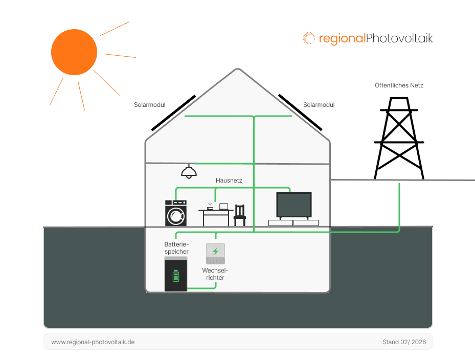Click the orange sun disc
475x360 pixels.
tap(74, 52)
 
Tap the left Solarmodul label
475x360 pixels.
tap(149, 105)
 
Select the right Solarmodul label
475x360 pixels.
tap(319, 105)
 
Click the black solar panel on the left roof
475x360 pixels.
tap(173, 112)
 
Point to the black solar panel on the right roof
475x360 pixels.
tap(300, 111)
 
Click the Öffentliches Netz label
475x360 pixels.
tap(399, 85)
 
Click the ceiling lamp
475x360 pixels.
tap(189, 172)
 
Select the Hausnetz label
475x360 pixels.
tap(229, 181)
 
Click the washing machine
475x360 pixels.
tap(176, 213)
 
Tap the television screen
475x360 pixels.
tap(293, 205)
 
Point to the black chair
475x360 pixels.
tap(239, 215)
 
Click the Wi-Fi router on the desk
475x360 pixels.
tap(210, 208)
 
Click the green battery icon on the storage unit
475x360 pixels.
tap(176, 276)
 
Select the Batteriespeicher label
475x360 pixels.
tap(176, 248)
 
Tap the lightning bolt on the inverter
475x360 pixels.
tap(215, 251)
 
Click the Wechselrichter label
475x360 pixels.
tap(215, 274)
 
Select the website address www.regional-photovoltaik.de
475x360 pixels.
tap(93, 342)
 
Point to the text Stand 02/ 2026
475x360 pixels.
tap(403, 342)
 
